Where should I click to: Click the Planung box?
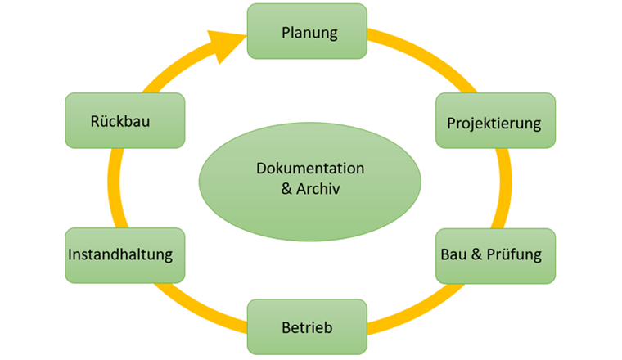tap(308, 32)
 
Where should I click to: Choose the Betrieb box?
tap(307, 327)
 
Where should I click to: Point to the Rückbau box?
tap(124, 121)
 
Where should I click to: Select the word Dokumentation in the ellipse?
tap(310, 169)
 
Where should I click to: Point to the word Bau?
tap(453, 254)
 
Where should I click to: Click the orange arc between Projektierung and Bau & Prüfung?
tap(506, 188)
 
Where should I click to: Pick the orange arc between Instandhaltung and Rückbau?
tap(114, 188)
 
